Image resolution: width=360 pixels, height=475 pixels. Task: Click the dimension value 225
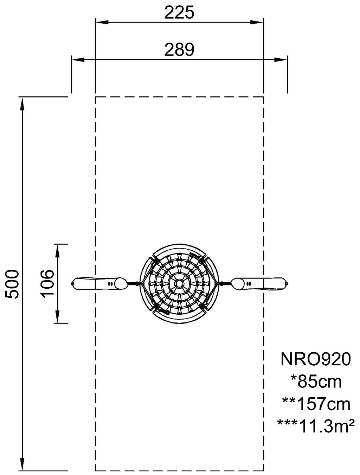[179, 13]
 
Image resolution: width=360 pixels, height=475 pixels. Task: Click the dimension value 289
[179, 50]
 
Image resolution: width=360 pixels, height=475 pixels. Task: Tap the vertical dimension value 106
[48, 283]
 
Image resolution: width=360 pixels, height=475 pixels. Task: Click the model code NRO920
[315, 359]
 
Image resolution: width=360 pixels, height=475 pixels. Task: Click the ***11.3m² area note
[315, 426]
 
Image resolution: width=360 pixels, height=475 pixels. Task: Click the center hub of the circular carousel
[179, 283]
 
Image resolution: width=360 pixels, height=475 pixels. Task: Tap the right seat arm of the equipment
[260, 283]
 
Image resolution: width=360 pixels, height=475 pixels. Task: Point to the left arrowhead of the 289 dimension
[78, 60]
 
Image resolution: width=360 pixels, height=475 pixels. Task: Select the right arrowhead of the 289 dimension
[281, 60]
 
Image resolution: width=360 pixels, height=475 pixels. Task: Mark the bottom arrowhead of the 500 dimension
[22, 464]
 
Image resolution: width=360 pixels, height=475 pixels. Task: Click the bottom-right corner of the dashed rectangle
[263, 470]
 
